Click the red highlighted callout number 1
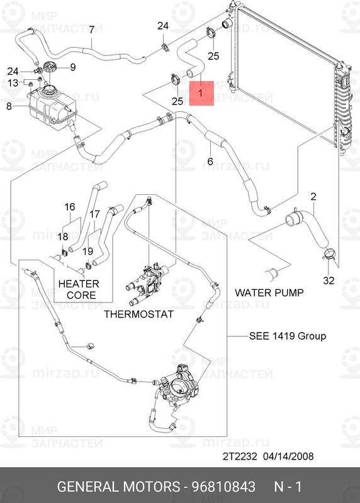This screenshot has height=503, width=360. [x=200, y=93]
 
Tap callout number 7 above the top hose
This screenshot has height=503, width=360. [x=91, y=30]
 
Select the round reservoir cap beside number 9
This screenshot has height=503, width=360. [x=50, y=68]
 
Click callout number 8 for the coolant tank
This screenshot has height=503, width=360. [x=9, y=106]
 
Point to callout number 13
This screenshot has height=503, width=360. [x=13, y=83]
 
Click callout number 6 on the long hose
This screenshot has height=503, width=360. [x=210, y=161]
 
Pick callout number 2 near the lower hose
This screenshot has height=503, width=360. [x=313, y=196]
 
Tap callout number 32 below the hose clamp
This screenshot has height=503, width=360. [x=329, y=280]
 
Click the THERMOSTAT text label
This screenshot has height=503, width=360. [x=138, y=314]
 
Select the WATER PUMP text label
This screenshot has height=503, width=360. [x=269, y=292]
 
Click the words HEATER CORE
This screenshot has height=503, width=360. [x=79, y=289]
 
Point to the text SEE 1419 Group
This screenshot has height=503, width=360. [x=288, y=336]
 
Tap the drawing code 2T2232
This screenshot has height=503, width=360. [x=240, y=456]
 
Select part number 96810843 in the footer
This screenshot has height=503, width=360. [x=223, y=487]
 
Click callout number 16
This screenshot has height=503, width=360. [x=70, y=207]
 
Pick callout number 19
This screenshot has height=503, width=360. [x=87, y=251]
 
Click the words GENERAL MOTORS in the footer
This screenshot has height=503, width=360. [x=118, y=487]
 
